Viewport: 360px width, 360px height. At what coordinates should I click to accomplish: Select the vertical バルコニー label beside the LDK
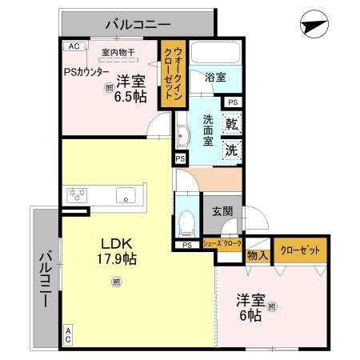click(46, 279)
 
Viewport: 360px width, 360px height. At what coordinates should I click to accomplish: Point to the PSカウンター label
click(88, 70)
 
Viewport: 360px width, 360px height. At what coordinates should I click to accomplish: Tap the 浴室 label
click(214, 78)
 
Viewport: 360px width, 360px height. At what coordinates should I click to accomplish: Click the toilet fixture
click(187, 219)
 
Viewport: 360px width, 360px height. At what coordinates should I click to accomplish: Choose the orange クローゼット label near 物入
click(300, 250)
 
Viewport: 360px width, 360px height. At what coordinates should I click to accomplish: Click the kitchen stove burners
click(78, 194)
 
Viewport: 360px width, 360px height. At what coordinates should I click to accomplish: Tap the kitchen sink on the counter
click(126, 194)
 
